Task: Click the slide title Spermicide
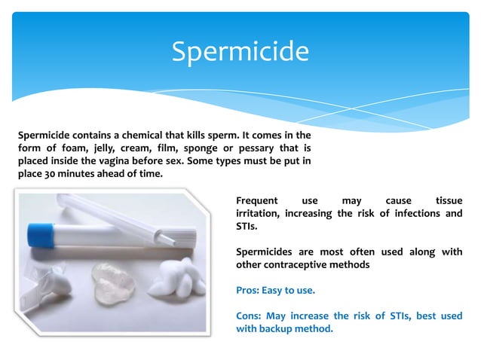240,51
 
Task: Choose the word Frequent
257,201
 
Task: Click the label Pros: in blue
250,290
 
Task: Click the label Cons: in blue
251,316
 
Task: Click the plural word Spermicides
264,252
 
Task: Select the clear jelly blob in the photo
113,282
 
